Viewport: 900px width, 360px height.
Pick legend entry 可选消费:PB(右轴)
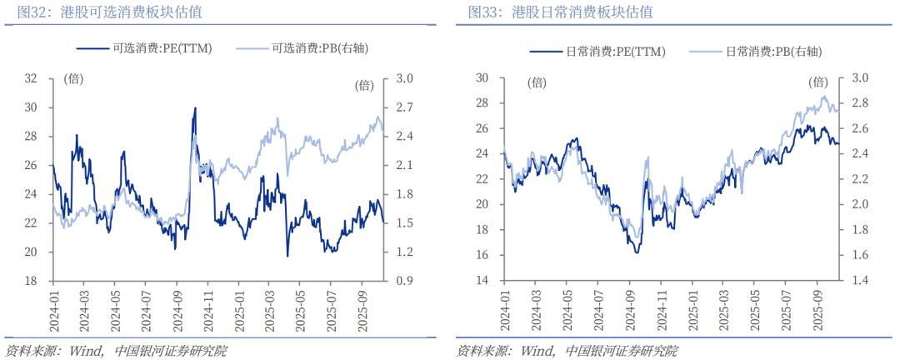321,48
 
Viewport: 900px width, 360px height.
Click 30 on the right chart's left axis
482,78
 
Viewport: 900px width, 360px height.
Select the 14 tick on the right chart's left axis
482,281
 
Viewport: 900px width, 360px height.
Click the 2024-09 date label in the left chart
177,309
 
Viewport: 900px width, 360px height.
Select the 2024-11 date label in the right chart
661,309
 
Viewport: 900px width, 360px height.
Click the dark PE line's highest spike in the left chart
195,108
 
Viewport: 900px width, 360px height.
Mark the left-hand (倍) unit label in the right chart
537,82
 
